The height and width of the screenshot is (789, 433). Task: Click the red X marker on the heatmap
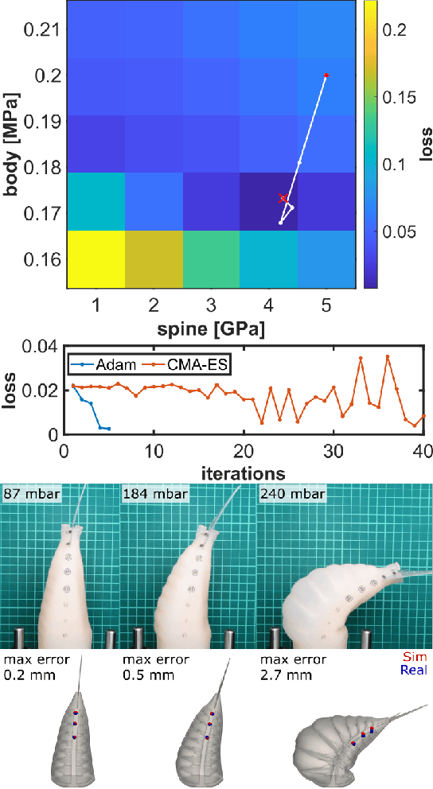point(283,197)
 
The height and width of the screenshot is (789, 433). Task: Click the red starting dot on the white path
point(326,76)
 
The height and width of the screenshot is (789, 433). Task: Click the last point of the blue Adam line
point(108,429)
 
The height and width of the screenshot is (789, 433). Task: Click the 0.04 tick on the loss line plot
point(41,346)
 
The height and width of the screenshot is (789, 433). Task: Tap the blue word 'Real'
point(414,670)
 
